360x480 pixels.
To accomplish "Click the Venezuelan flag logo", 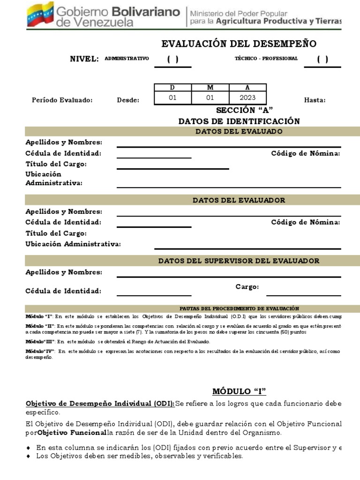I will coord(39,14).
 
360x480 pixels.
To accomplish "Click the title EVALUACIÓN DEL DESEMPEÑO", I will coord(239,44).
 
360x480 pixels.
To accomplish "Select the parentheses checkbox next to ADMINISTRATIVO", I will coord(172,59).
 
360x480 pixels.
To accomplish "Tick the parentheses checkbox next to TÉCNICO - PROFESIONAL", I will coord(322,59).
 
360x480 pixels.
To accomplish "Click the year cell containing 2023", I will coord(247,97).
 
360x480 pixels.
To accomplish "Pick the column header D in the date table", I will coord(172,88).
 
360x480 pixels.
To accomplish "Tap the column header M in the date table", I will coord(210,88).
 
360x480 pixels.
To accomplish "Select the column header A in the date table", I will coord(247,88).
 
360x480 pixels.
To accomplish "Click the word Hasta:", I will coord(315,100).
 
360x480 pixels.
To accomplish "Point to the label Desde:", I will coord(128,100).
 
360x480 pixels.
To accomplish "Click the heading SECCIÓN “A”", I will coord(239,111).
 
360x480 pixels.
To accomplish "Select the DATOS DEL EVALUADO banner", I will coord(239,131).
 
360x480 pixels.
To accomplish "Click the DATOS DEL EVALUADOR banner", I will coord(239,200).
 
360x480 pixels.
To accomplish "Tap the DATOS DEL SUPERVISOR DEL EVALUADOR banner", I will coord(239,261).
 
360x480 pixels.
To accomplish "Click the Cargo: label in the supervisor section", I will coord(247,287).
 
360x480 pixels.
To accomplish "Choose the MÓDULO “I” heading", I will coord(239,391).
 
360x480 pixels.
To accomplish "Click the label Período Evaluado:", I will coord(62,100).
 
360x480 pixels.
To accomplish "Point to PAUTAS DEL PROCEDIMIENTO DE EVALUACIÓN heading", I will coord(239,308).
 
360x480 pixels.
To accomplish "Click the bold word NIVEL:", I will coord(84,59).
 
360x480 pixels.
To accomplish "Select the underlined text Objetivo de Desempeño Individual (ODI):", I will coord(100,404).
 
